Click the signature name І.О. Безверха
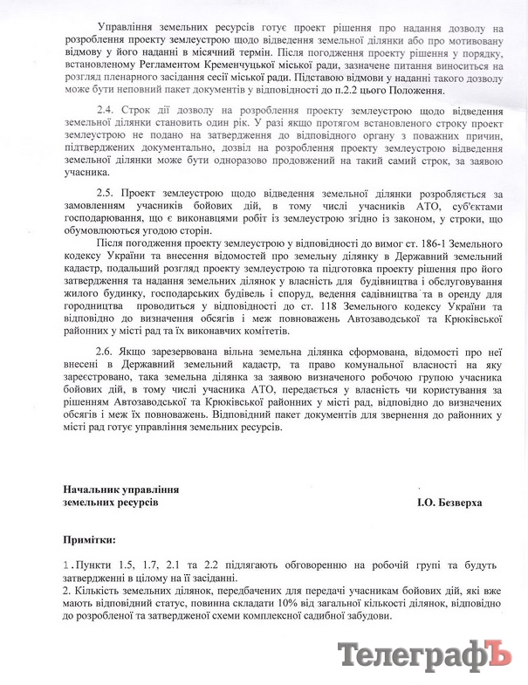449,503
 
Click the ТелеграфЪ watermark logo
423,654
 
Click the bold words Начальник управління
120,490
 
